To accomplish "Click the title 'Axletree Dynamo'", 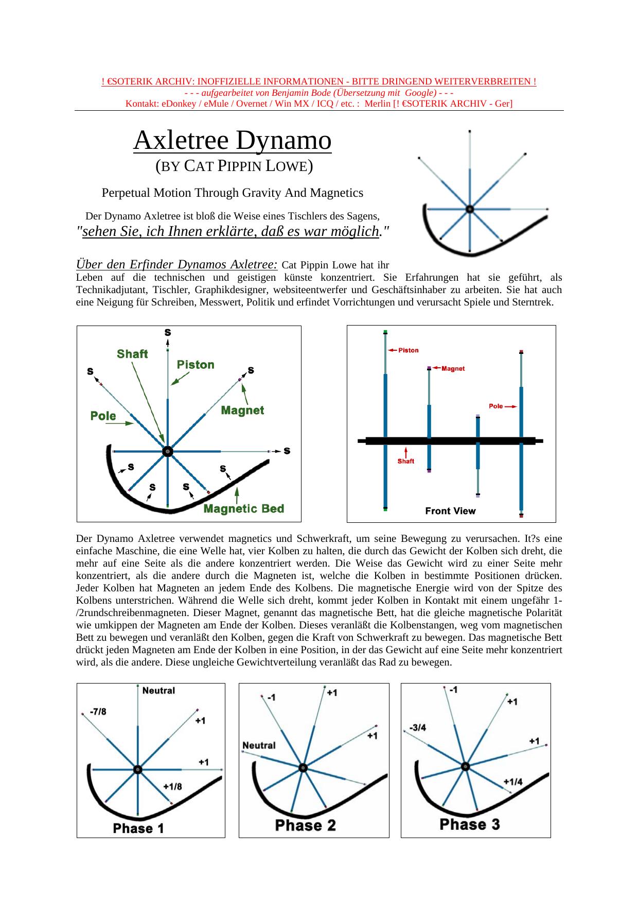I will pyautogui.click(x=232, y=140).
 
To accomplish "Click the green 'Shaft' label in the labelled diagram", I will pyautogui.click(x=132, y=354).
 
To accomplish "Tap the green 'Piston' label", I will pyautogui.click(x=196, y=365).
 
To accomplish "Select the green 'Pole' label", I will pyautogui.click(x=103, y=416).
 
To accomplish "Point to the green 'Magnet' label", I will pyautogui.click(x=242, y=411).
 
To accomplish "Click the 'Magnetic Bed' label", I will pyautogui.click(x=244, y=509).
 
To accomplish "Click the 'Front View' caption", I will pyautogui.click(x=450, y=511).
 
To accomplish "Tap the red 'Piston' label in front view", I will pyautogui.click(x=409, y=350).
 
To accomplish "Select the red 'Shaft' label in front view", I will pyautogui.click(x=405, y=461).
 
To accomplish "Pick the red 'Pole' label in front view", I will pyautogui.click(x=496, y=406).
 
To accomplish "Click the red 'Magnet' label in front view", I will pyautogui.click(x=453, y=368).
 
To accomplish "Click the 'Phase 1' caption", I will pyautogui.click(x=138, y=829).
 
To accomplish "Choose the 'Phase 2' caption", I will pyautogui.click(x=306, y=825).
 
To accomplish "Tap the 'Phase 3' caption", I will pyautogui.click(x=470, y=824).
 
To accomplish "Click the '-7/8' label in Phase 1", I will pyautogui.click(x=98, y=712).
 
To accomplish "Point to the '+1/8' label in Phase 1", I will pyautogui.click(x=172, y=787).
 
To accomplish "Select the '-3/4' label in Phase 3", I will pyautogui.click(x=417, y=728).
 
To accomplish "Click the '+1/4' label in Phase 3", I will pyautogui.click(x=513, y=782).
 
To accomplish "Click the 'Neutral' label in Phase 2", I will pyautogui.click(x=259, y=745).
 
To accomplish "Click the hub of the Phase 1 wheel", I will pyautogui.click(x=137, y=770).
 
